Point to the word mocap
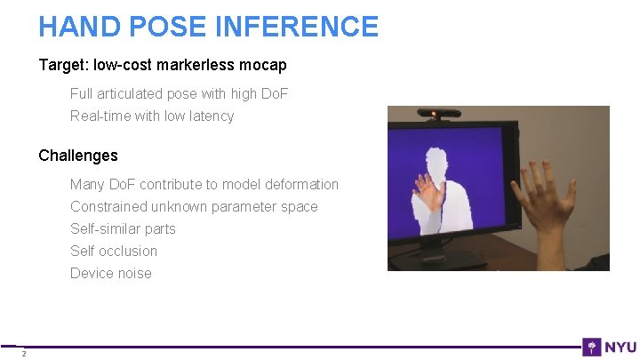(263, 66)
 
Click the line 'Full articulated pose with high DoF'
(179, 93)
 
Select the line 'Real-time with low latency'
(152, 116)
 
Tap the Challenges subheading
(78, 156)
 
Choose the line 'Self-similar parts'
(123, 228)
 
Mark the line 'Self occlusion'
(114, 251)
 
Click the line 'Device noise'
(111, 273)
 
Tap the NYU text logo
(621, 347)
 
